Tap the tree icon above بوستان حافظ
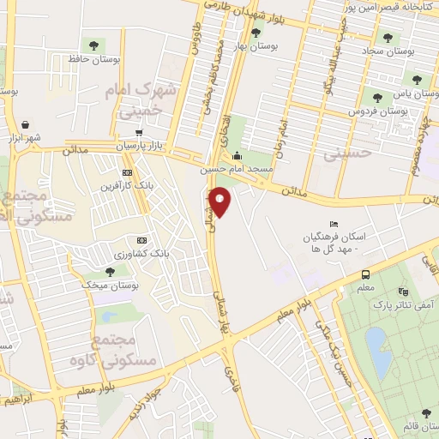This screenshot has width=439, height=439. point(93,45)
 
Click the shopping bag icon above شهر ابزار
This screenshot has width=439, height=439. point(24,123)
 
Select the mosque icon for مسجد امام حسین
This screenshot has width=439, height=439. point(238,156)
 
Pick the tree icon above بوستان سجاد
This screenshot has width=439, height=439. point(388,38)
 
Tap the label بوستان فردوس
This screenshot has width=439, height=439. point(376,111)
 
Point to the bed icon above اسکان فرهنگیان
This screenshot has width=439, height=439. point(334,224)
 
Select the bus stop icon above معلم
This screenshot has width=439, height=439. point(366,274)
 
